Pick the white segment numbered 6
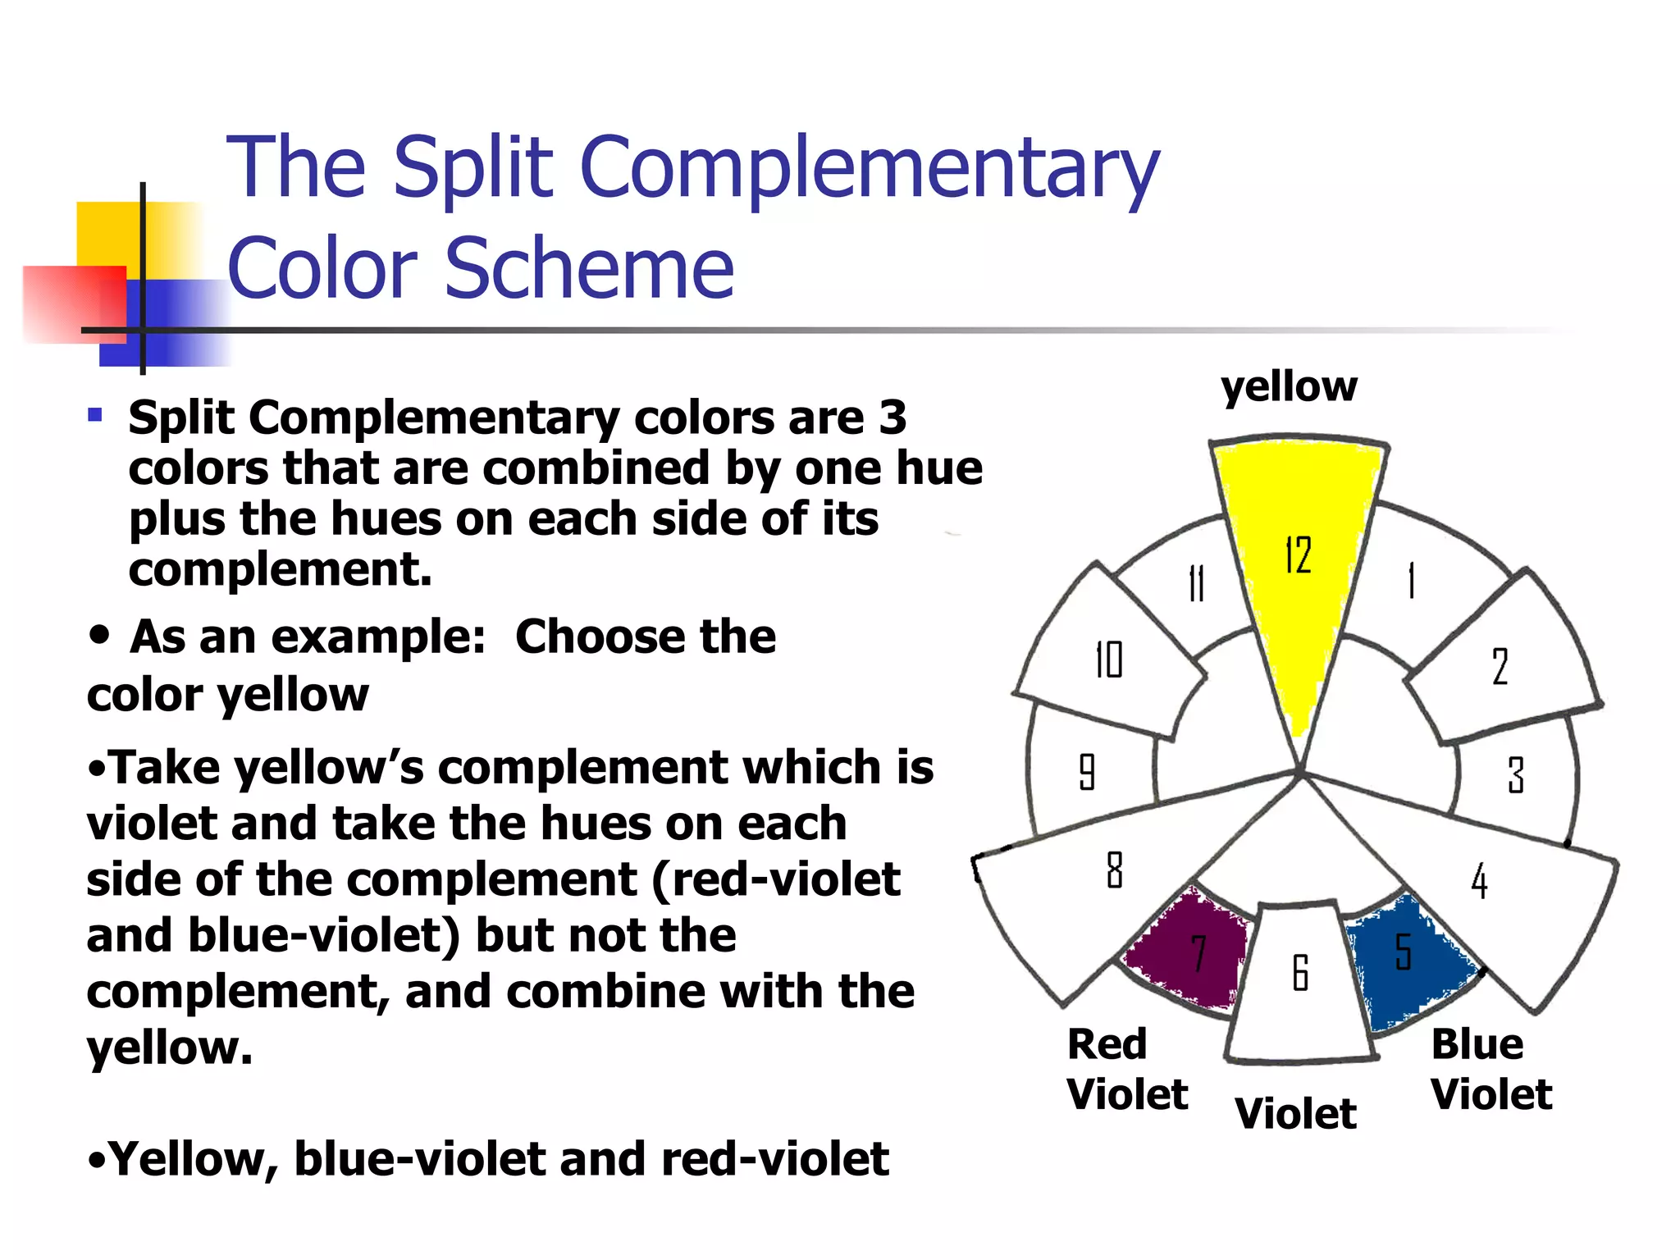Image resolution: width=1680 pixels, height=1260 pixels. [x=1300, y=984]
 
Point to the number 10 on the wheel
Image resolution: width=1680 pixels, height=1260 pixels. [x=1109, y=660]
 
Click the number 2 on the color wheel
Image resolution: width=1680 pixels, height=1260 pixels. [x=1500, y=666]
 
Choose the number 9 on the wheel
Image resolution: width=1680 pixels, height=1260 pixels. [x=1087, y=771]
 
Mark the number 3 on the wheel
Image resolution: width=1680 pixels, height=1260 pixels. [x=1516, y=774]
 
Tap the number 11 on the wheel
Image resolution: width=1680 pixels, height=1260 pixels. [x=1197, y=583]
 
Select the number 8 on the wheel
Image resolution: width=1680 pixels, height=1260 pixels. [x=1114, y=870]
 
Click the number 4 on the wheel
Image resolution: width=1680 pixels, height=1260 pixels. [x=1479, y=881]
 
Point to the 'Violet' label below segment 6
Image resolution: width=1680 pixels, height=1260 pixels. [x=1295, y=1114]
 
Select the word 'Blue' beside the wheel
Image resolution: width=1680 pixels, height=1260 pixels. [x=1477, y=1044]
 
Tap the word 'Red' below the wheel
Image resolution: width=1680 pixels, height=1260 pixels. [x=1107, y=1044]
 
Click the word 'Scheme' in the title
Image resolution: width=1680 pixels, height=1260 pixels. [x=589, y=268]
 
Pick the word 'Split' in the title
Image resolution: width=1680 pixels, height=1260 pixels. [x=474, y=168]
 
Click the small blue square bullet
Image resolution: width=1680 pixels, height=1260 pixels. [x=95, y=415]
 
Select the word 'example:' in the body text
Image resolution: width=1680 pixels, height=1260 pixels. [x=378, y=637]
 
